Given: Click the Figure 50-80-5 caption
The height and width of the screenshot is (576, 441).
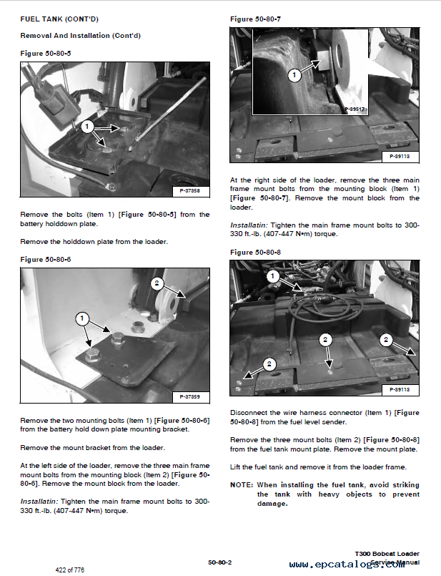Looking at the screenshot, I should (46, 54).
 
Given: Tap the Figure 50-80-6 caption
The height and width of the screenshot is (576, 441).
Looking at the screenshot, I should (46, 259).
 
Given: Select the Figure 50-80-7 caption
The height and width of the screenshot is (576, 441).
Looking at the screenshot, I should (254, 19).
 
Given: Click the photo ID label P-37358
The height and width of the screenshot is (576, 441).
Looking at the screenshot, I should (189, 190).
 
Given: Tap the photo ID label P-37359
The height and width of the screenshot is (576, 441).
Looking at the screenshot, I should (189, 396).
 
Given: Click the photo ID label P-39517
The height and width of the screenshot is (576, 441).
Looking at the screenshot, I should (355, 109).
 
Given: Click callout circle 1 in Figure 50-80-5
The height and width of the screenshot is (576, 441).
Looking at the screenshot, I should (87, 127).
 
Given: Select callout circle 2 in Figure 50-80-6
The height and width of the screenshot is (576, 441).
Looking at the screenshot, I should (157, 283).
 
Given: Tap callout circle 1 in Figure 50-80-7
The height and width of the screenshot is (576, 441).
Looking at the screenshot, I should (293, 74).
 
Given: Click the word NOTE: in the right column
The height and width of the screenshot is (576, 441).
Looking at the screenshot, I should (241, 484).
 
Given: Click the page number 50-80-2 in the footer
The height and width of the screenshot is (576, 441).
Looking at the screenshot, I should (219, 562).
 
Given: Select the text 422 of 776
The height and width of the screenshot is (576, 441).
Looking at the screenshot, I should (69, 570).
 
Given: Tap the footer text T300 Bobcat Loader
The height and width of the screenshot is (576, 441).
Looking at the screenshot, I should (387, 554).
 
